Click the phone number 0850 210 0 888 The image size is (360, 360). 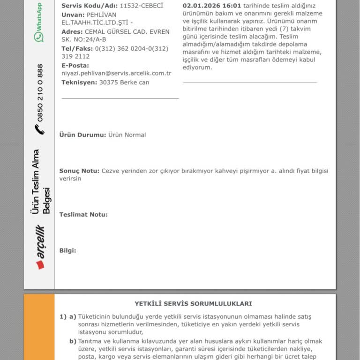tap(40, 93)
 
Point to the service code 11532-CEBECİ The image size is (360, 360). tap(142, 6)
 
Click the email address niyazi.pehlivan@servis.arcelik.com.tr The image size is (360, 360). tap(116, 74)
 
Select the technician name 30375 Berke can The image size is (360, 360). tap(124, 82)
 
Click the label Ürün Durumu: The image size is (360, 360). tap(82, 135)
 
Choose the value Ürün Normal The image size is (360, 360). tap(127, 135)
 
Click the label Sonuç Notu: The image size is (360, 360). tap(79, 171)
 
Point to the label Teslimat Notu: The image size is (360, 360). tap(83, 215)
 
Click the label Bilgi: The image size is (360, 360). tap(67, 251)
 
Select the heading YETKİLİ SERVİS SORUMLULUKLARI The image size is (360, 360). tap(193, 304)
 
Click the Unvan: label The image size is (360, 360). tap(73, 15)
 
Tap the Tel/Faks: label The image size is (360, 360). tap(77, 49)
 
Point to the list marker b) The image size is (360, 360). tap(73, 341)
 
